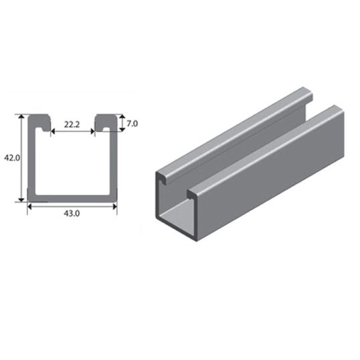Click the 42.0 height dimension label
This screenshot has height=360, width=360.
(12, 158)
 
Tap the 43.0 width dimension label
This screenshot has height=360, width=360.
(72, 213)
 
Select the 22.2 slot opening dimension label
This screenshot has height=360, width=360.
(72, 124)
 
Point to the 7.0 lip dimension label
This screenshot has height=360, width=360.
(132, 124)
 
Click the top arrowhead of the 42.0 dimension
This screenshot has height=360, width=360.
(21, 116)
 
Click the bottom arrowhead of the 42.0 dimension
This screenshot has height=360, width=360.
(21, 200)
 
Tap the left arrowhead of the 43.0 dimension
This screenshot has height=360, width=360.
(29, 207)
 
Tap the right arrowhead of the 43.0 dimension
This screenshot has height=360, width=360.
(115, 207)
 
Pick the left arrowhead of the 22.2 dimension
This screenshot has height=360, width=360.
(53, 132)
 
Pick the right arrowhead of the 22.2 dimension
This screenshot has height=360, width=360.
(92, 132)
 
